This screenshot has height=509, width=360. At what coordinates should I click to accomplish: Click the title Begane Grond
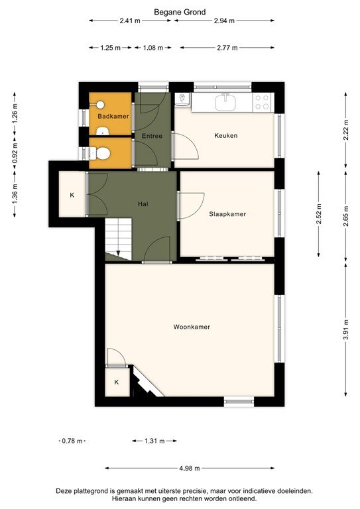[x=180, y=11]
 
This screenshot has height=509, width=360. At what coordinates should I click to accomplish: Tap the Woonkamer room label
[x=192, y=327]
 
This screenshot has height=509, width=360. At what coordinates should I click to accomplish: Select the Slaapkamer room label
[x=227, y=213]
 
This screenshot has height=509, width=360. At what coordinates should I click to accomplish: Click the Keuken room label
[x=225, y=135]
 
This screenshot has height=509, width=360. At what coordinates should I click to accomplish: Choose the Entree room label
[x=152, y=136]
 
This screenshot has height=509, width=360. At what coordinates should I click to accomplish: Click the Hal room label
[x=142, y=204]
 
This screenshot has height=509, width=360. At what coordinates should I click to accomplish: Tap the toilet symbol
[x=101, y=153]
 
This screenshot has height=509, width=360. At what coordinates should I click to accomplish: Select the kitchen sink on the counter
[x=227, y=101]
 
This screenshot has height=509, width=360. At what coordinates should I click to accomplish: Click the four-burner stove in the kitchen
[x=262, y=102]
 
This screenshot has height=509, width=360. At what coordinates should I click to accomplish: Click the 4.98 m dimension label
[x=190, y=469]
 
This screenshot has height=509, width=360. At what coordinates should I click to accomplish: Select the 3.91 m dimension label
[x=345, y=328]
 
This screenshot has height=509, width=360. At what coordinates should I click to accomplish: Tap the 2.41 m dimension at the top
[x=130, y=21]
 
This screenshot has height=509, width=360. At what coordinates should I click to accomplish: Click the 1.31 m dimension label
[x=153, y=441]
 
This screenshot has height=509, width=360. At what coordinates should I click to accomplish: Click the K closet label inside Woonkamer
[x=117, y=382]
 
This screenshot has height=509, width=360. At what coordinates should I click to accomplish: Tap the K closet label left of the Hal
[x=72, y=196]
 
